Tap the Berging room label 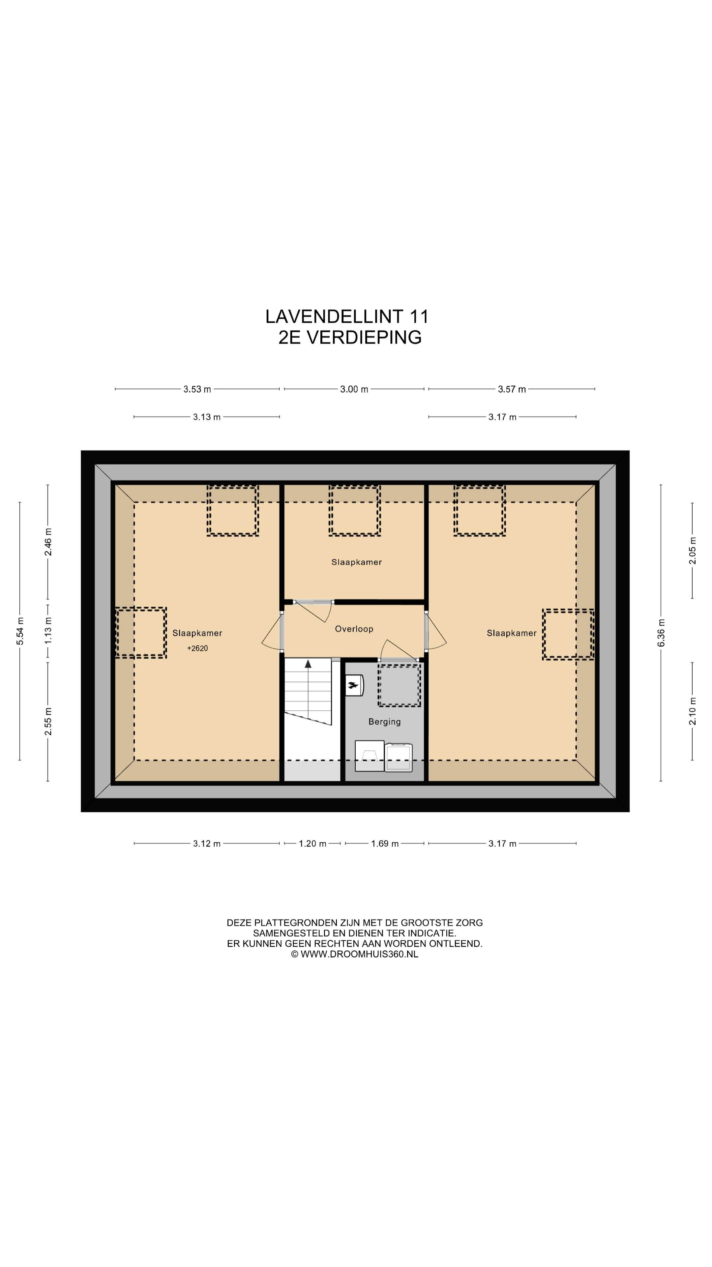(x=384, y=722)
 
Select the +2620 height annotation (x=197, y=648)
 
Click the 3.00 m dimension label (x=354, y=389)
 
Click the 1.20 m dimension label (x=312, y=844)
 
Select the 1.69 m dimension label (x=385, y=844)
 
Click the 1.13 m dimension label (x=48, y=631)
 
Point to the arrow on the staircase (x=308, y=664)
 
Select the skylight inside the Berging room (x=399, y=685)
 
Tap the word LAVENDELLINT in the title (x=334, y=316)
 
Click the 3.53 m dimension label (x=197, y=389)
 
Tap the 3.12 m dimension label (x=206, y=844)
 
